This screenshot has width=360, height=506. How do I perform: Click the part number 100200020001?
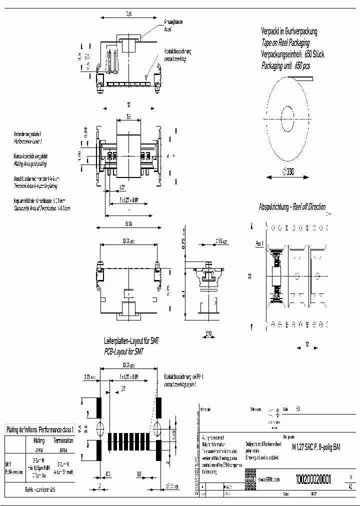tap(313, 478)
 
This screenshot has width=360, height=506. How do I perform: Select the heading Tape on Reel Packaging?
tap(292, 42)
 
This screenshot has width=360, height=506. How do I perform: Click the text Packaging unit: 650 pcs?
tap(292, 65)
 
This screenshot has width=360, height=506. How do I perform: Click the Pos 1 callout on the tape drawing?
tap(259, 243)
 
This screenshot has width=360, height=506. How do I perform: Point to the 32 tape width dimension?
tap(249, 275)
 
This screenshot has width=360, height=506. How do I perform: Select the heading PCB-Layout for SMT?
tap(124, 351)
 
